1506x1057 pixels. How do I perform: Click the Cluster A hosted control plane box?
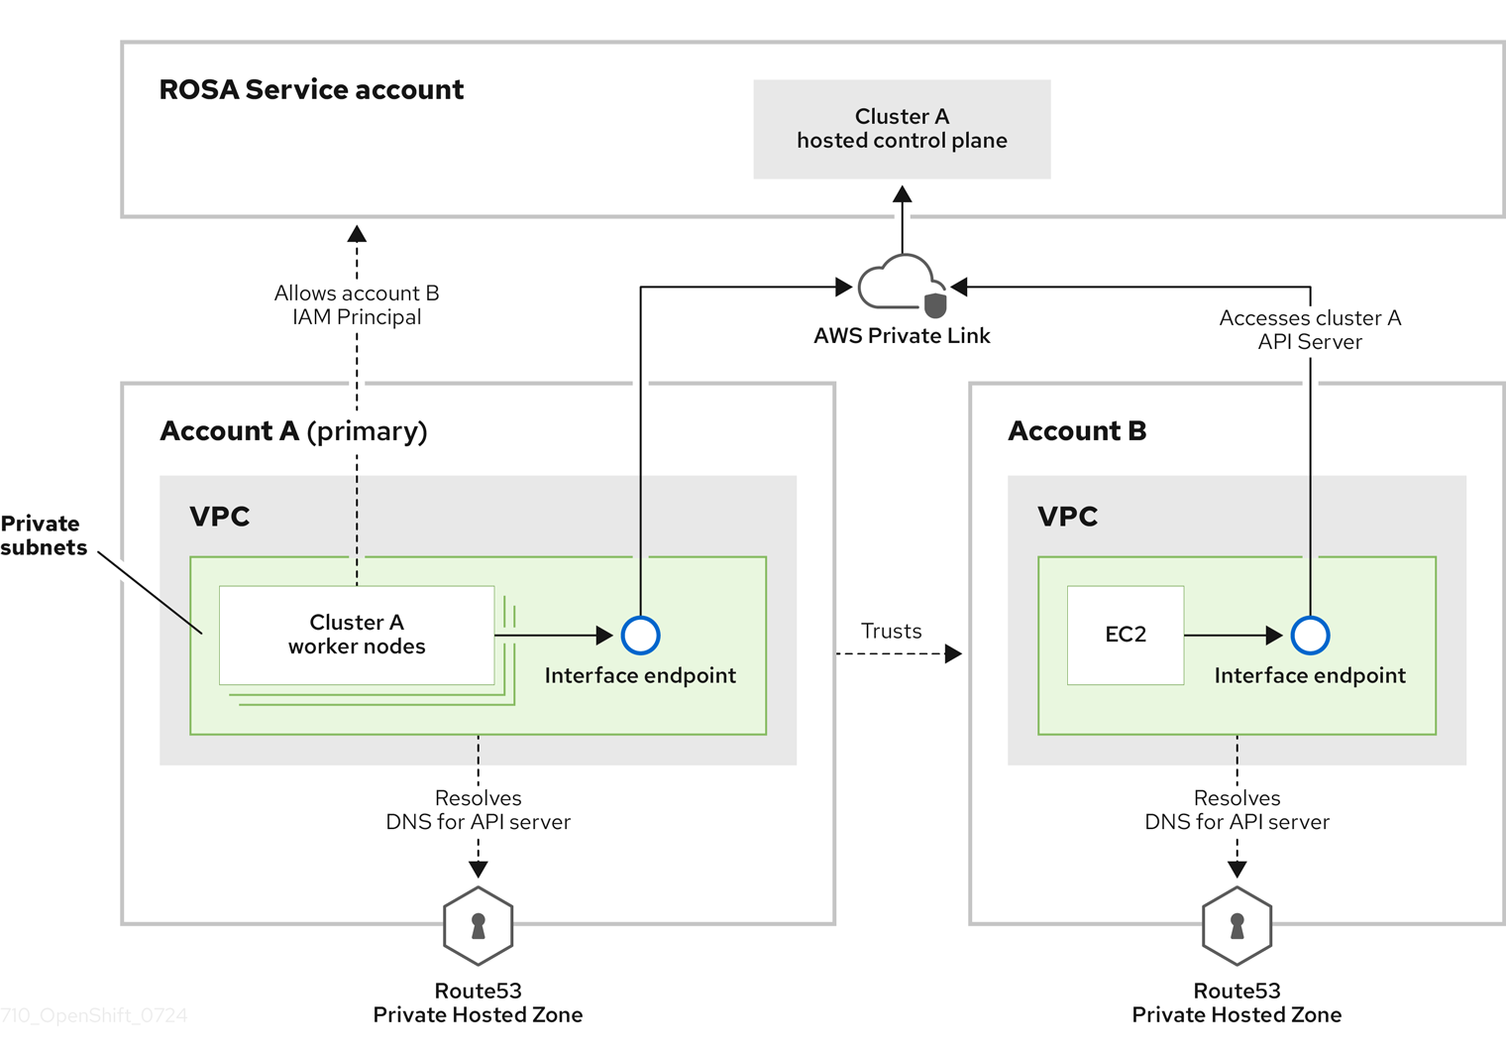tap(902, 129)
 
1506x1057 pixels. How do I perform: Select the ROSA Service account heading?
tap(311, 89)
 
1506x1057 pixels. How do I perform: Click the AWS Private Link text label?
tap(902, 336)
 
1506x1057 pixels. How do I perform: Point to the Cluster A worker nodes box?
tap(357, 635)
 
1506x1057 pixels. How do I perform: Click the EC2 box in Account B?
tap(1126, 635)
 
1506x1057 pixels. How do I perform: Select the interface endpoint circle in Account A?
tap(640, 635)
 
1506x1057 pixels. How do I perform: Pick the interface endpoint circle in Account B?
tap(1310, 635)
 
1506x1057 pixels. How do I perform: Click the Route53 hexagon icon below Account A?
tap(478, 926)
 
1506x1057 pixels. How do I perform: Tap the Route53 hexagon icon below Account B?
tap(1237, 926)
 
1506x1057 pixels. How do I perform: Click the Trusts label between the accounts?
tap(891, 631)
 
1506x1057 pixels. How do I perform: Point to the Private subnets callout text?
tap(43, 535)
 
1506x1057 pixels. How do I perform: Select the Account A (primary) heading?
tap(293, 431)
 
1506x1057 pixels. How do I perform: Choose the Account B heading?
tap(1077, 431)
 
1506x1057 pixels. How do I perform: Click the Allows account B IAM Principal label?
tap(357, 305)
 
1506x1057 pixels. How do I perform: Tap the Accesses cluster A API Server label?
tap(1310, 330)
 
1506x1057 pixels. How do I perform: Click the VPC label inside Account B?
tap(1067, 517)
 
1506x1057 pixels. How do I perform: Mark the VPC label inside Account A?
tap(220, 517)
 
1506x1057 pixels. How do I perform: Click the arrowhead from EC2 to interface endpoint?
tap(1274, 635)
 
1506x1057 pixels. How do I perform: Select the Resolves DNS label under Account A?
tap(478, 810)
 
